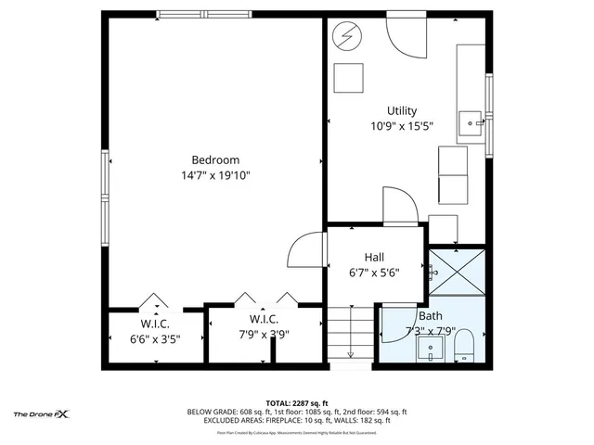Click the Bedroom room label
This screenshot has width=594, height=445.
pyautogui.click(x=215, y=159)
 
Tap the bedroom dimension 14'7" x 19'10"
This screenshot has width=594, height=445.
pyautogui.click(x=215, y=175)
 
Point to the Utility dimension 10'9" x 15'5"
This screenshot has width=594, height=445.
pyautogui.click(x=401, y=126)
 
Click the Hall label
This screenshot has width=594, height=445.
pyautogui.click(x=374, y=257)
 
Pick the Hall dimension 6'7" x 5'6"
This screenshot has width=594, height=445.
pyautogui.click(x=374, y=273)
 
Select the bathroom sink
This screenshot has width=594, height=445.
pyautogui.click(x=430, y=350)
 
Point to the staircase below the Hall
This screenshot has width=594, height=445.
pyautogui.click(x=351, y=334)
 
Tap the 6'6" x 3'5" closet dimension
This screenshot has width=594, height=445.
pyautogui.click(x=154, y=338)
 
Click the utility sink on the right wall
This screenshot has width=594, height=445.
pyautogui.click(x=473, y=121)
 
